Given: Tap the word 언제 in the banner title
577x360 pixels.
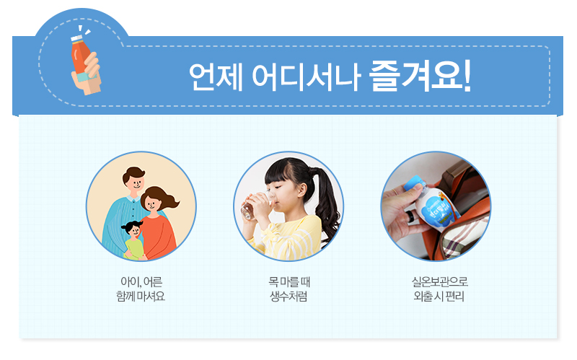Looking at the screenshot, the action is tap(216, 77).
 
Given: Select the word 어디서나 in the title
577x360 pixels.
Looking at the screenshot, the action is tap(306, 77).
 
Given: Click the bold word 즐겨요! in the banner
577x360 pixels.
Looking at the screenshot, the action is tap(420, 76).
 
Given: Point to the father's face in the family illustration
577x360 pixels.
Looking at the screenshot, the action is tap(134, 181).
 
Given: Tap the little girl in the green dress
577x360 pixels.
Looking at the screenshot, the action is tap(133, 240).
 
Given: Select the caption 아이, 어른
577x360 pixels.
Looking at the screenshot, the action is tap(141, 282).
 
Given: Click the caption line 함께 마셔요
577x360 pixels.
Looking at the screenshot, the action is tap(141, 296).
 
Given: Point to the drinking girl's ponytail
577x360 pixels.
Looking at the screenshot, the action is tap(327, 206).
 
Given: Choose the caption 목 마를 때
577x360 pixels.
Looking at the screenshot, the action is tap(289, 282).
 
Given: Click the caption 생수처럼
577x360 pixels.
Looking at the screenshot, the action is tap(289, 296).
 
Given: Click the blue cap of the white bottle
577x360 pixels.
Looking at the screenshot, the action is tap(414, 184).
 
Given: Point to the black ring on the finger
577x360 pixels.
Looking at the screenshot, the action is tap(410, 216).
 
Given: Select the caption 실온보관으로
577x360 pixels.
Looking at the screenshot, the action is tap(439, 282).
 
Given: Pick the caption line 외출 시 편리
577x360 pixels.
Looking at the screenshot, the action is tap(439, 296).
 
